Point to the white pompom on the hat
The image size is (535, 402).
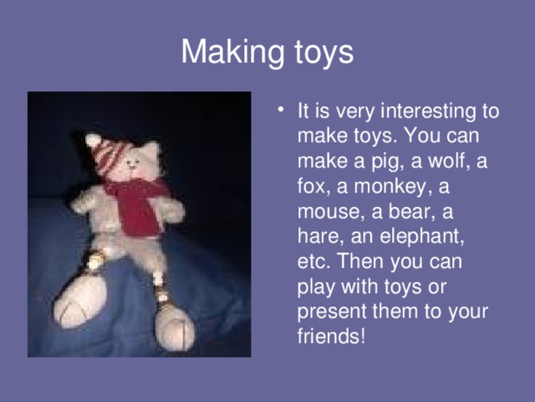pos(93,140)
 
